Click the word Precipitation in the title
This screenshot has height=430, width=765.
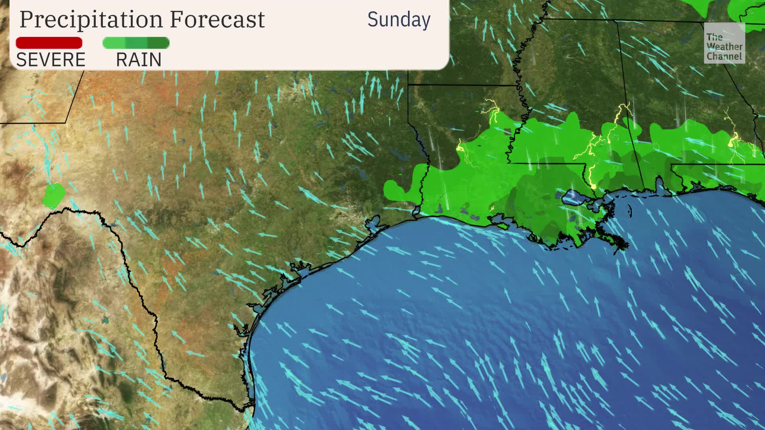91,19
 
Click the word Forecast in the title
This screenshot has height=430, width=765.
217,19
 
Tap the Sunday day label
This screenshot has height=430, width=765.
398,20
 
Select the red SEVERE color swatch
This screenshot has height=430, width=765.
49,43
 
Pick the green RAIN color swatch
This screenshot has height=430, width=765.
136,43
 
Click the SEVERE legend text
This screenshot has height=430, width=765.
51,60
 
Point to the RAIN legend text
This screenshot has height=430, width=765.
139,60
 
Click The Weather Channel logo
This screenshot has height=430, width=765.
724,43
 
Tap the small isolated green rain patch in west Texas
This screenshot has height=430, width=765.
54,195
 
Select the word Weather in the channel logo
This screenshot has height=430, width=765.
724,47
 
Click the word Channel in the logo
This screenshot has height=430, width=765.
724,56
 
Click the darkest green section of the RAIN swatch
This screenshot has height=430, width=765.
159,43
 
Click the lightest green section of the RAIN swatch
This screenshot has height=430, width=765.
114,43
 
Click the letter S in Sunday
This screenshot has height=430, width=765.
373,20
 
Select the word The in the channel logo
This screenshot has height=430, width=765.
714,37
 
